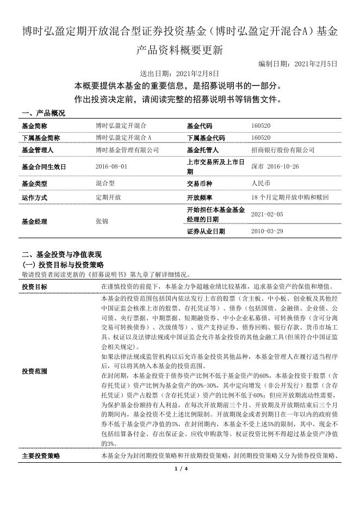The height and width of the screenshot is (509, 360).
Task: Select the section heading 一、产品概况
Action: pyautogui.click(x=44, y=113)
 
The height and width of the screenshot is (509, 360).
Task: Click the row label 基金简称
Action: pyautogui.click(x=35, y=126)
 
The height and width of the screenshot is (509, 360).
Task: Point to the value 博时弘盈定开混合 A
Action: pyautogui.click(x=123, y=138)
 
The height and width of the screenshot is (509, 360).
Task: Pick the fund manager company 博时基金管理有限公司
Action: pyautogui.click(x=127, y=150)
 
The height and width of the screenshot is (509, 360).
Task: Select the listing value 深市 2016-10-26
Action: pyautogui.click(x=276, y=166)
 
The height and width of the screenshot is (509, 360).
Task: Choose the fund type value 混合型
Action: pyautogui.click(x=104, y=184)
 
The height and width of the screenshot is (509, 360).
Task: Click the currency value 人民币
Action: pyautogui.click(x=260, y=184)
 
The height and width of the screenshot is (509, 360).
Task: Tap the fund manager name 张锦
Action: pyautogui.click(x=102, y=221)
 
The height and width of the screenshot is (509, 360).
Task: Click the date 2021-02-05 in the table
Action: pyautogui.click(x=267, y=214)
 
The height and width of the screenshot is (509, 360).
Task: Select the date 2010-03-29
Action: pyautogui.click(x=267, y=231)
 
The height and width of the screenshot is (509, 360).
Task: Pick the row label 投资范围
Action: pyautogui.click(x=34, y=371)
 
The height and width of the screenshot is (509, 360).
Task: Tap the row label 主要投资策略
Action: pyautogui.click(x=41, y=456)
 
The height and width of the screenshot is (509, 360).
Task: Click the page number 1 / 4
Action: pyautogui.click(x=180, y=469)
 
